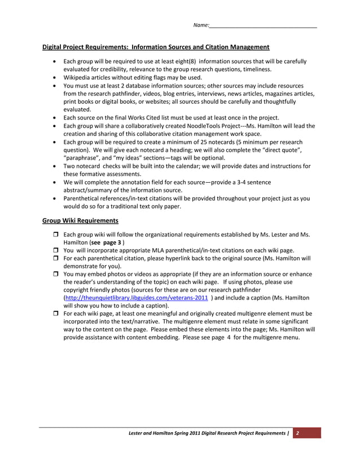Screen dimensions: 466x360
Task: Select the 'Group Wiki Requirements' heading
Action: point(80,221)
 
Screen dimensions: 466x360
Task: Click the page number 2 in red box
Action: point(297,433)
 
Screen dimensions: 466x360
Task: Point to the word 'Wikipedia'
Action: point(79,77)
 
